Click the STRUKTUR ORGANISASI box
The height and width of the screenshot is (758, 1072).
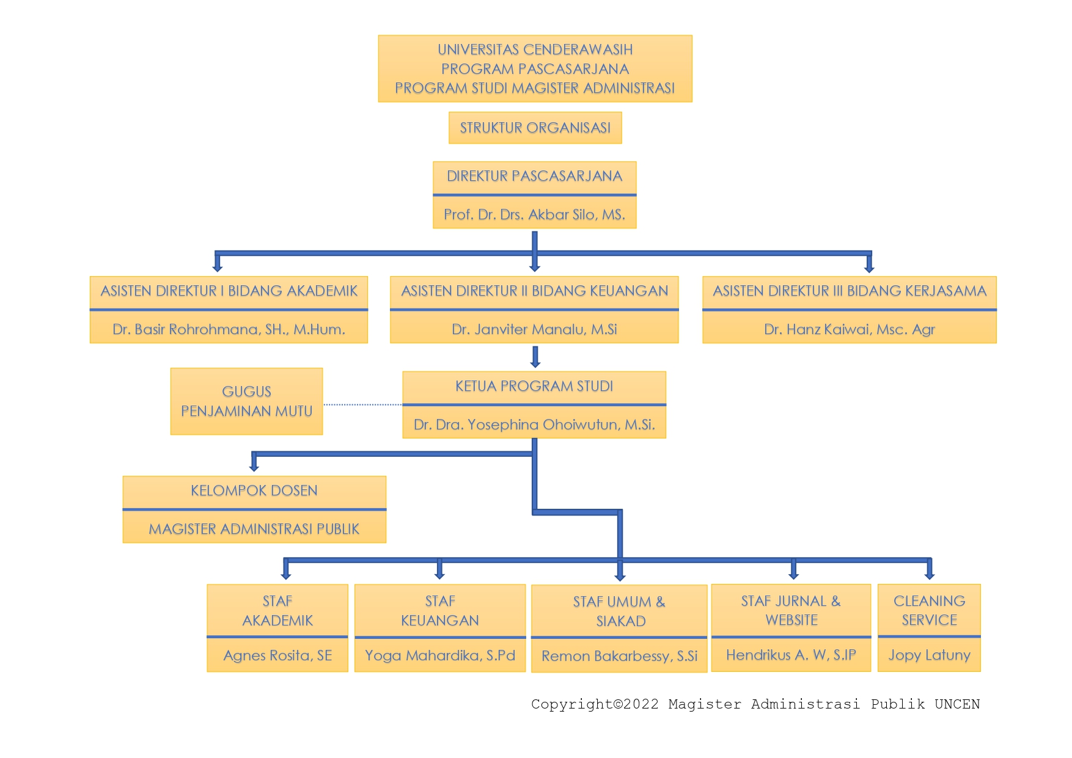(535, 128)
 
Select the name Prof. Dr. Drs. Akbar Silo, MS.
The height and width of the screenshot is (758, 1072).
(534, 214)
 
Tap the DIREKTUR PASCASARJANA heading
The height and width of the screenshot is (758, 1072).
(534, 176)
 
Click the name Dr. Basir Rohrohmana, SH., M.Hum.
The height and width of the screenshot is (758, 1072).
(229, 329)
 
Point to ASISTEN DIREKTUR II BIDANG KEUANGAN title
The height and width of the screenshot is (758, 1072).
(534, 291)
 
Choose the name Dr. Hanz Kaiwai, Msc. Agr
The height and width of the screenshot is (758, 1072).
(849, 329)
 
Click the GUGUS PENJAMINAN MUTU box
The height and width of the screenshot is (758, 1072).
(246, 401)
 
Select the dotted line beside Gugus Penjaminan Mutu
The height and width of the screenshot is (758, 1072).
(362, 404)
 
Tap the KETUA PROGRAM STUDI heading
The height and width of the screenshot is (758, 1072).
(534, 386)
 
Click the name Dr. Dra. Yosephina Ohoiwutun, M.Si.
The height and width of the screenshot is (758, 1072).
(534, 425)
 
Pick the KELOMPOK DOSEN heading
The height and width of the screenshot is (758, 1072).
(254, 490)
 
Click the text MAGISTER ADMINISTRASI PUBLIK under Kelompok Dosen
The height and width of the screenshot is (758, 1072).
(254, 529)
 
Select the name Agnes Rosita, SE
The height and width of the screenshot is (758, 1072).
(277, 655)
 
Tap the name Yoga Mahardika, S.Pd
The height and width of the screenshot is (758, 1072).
(439, 655)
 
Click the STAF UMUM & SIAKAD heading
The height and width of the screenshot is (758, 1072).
(619, 611)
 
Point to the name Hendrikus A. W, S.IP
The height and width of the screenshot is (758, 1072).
(791, 655)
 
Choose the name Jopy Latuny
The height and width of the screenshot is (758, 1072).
(929, 655)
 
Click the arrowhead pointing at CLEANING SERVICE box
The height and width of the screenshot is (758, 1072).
(929, 575)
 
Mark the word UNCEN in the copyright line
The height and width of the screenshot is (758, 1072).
(956, 704)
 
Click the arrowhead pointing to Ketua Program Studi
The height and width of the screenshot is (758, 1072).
(535, 364)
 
